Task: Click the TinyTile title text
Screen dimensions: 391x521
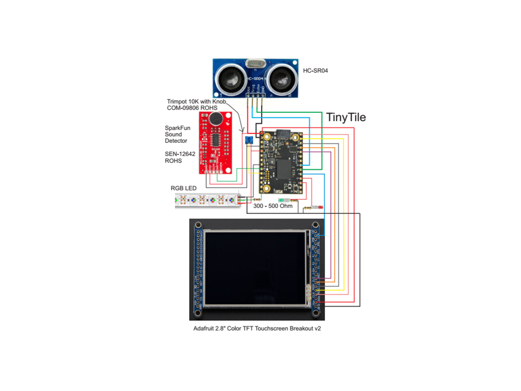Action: point(346,117)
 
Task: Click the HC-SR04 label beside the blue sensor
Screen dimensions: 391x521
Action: point(315,71)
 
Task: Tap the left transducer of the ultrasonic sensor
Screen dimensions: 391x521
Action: point(231,78)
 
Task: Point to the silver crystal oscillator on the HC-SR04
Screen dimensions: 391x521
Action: point(255,63)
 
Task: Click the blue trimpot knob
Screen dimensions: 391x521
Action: point(249,140)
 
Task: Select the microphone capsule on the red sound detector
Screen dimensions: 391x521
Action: point(216,118)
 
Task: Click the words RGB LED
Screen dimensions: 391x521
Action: point(184,188)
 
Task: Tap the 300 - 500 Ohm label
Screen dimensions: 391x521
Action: point(273,206)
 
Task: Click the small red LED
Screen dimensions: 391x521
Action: point(320,207)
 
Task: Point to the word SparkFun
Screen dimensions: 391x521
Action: point(177,128)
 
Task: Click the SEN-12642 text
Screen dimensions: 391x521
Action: point(180,154)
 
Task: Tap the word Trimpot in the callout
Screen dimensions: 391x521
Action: point(177,102)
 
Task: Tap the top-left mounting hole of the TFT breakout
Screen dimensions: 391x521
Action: point(198,225)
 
